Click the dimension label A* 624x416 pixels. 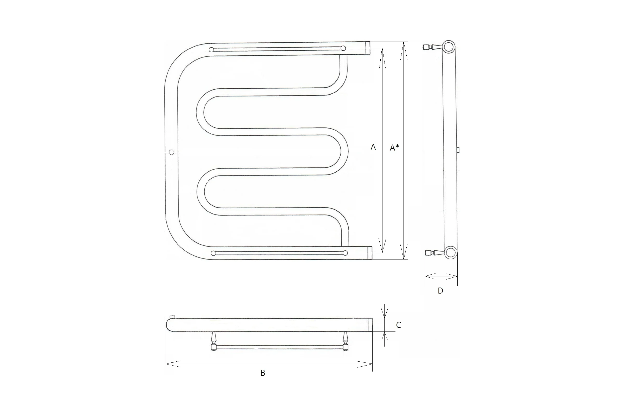click(x=394, y=147)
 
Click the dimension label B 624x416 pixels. click(x=263, y=373)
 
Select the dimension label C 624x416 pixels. click(x=399, y=325)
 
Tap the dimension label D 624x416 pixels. click(x=440, y=291)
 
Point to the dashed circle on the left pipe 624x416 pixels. click(x=171, y=152)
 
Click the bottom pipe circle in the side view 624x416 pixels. click(x=450, y=252)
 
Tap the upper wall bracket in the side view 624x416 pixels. click(x=432, y=47)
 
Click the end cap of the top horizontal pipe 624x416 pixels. click(x=368, y=48)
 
